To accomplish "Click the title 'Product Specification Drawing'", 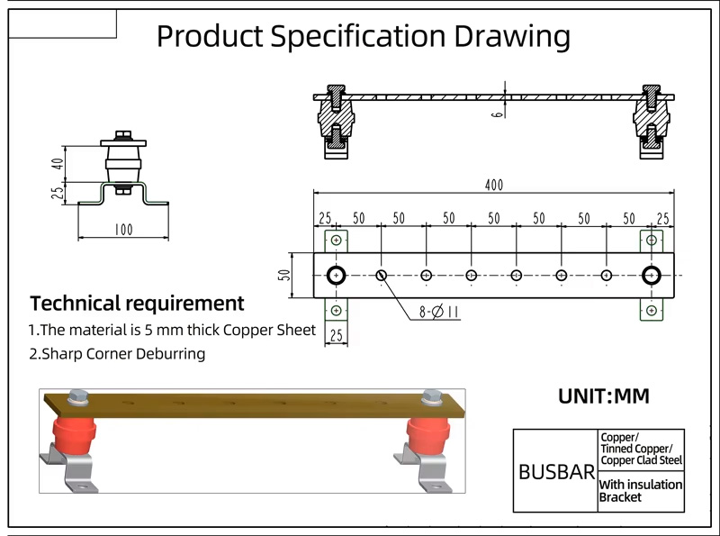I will coord(363,36).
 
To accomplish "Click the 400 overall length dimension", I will coord(494,186).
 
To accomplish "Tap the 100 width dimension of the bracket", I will coord(123,230).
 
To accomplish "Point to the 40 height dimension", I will coord(58,164).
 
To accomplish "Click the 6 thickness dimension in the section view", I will coord(497,115).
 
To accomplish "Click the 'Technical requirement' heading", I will coord(137,303).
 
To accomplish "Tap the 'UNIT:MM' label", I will coord(604,396).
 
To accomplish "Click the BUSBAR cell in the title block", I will coord(556,472).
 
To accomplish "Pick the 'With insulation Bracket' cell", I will coord(641,491).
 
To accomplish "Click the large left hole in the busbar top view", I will coord(337,275).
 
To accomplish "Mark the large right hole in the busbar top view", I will coord(651,275).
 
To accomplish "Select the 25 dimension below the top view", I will coord(337,335).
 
